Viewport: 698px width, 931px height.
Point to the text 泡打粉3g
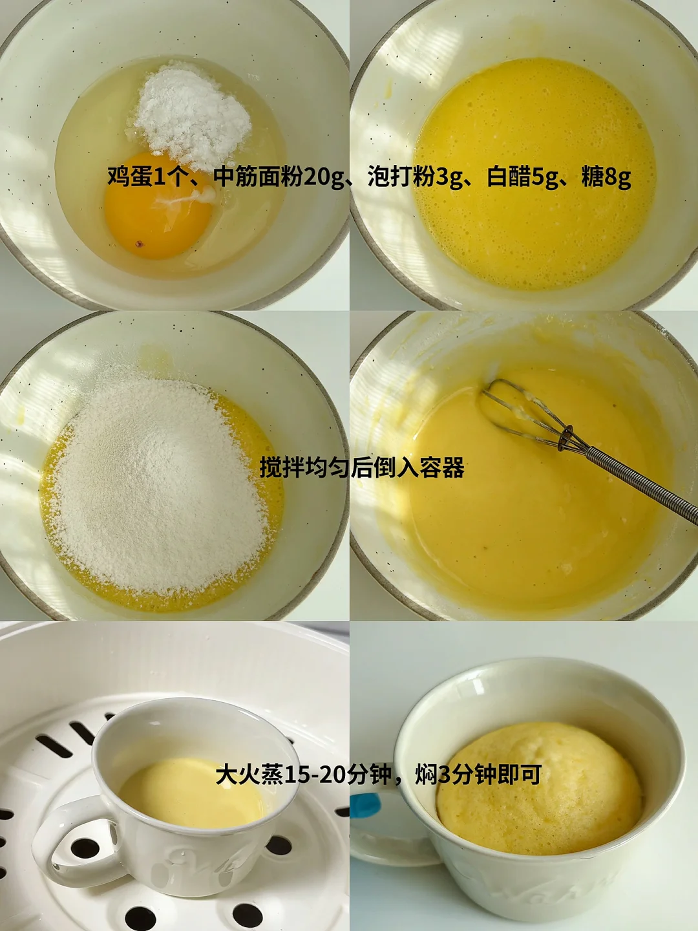[x=415, y=177]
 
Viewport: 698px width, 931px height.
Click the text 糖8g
[x=606, y=177]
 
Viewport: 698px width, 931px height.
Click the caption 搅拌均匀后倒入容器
[x=362, y=467]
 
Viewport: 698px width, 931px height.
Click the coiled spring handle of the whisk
[x=642, y=484]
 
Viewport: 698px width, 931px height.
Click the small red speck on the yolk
[x=138, y=244]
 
